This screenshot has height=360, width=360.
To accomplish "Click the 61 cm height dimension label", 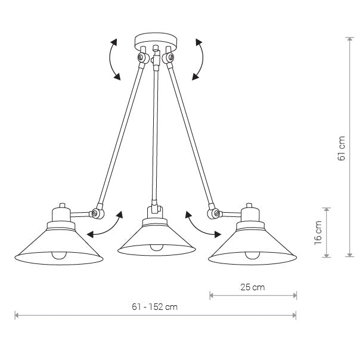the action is pyautogui.click(x=342, y=148).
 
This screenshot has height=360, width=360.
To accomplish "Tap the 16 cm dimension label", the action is pyautogui.click(x=318, y=232).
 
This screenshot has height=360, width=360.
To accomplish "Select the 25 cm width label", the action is pyautogui.click(x=253, y=287).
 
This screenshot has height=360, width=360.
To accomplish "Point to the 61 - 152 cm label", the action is pyautogui.click(x=155, y=307).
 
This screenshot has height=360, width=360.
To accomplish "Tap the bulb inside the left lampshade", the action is pyautogui.click(x=59, y=255).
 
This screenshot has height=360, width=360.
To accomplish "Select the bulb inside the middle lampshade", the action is pyautogui.click(x=157, y=247).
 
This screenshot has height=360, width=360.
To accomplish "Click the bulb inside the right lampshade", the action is pyautogui.click(x=252, y=255).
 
